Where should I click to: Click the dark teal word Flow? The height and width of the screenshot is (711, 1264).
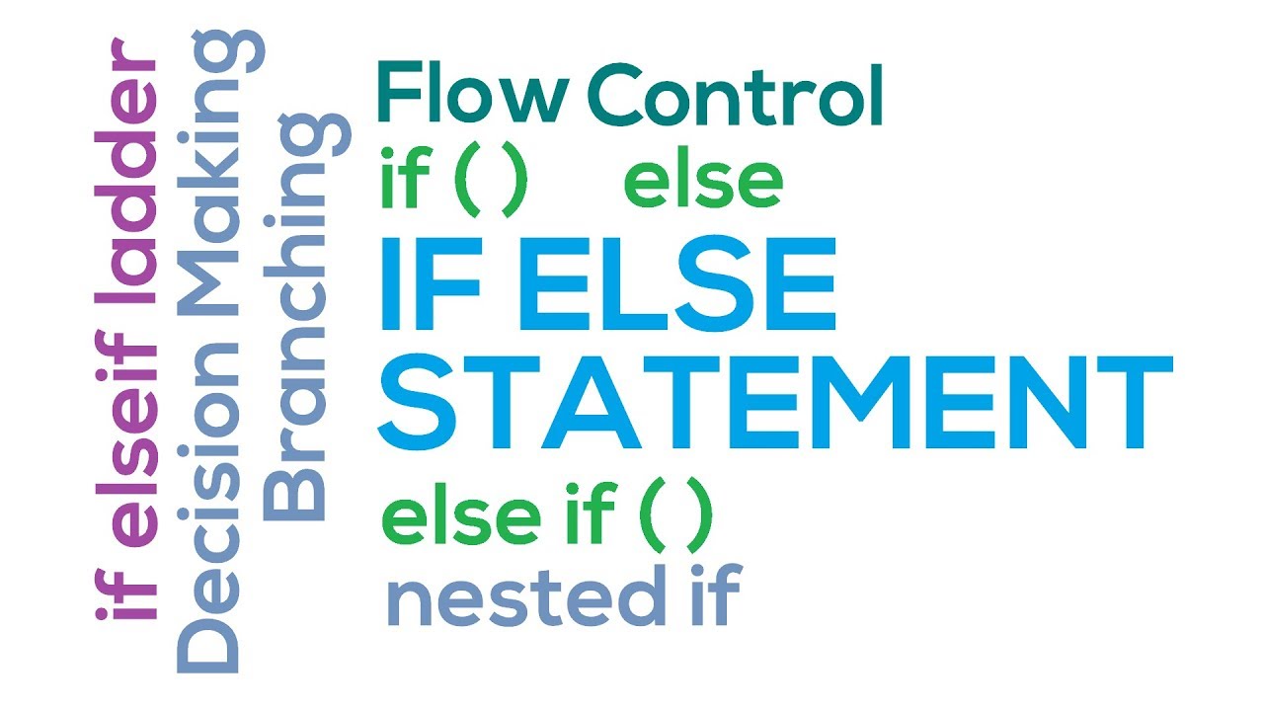click(x=472, y=96)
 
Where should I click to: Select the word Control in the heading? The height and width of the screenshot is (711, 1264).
click(x=734, y=96)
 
